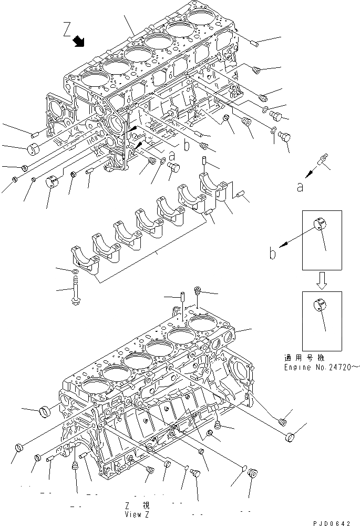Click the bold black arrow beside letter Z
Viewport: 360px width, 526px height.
point(80,41)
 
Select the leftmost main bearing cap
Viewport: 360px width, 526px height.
point(83,261)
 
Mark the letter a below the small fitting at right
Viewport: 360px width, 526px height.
point(300,187)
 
